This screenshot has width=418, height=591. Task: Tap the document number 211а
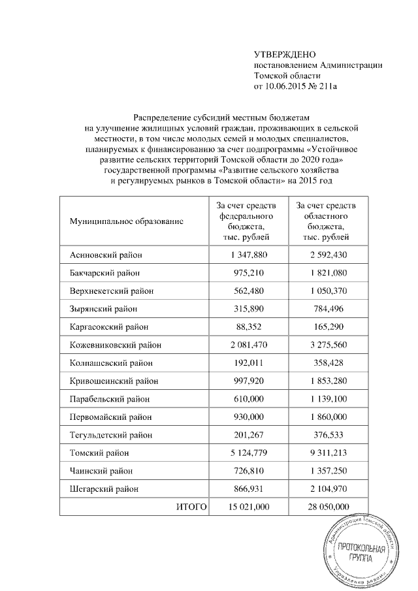click(333, 86)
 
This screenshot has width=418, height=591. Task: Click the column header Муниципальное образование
click(127, 221)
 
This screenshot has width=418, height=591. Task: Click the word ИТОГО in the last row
click(191, 505)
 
